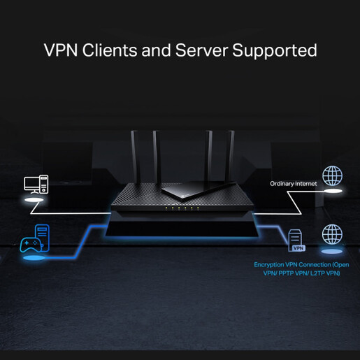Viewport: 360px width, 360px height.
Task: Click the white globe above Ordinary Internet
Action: coord(331,175)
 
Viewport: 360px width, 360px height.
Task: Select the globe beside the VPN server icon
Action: coord(331,234)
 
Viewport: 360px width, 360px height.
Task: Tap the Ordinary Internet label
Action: coord(294,184)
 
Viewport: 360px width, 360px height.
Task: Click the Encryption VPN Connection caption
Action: coord(301,269)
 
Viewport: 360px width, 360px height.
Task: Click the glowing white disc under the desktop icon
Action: coord(36,200)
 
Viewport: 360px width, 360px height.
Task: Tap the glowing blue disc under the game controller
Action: coord(31,261)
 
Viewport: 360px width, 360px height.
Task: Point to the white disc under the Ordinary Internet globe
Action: coord(331,189)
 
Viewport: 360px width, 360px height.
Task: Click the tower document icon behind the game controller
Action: coord(42,233)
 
